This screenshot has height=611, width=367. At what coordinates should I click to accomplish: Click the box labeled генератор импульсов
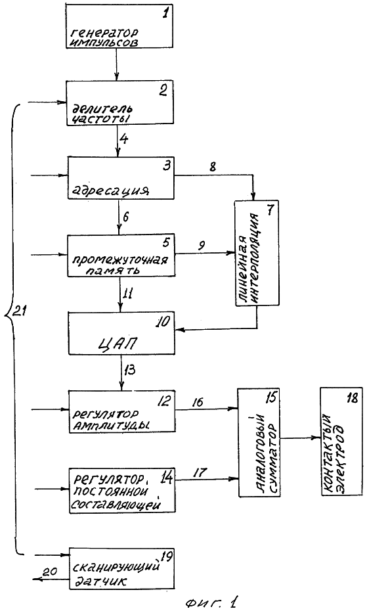[119, 26]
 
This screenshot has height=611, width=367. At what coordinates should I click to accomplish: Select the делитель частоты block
[120, 103]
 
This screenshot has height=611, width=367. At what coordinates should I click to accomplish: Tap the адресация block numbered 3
[121, 177]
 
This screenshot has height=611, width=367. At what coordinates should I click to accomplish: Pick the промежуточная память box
[120, 255]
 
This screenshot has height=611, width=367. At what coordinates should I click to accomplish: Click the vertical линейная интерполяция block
[257, 253]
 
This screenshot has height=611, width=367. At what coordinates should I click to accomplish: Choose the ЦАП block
[121, 333]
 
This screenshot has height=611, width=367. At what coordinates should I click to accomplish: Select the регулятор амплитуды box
[122, 411]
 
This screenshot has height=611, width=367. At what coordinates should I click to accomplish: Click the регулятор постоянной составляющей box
[122, 489]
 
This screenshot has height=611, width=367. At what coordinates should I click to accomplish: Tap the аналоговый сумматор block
[259, 442]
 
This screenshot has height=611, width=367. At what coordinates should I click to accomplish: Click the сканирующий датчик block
[121, 569]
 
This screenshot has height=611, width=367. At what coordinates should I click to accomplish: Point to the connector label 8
[213, 168]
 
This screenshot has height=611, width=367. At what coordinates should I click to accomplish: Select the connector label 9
[202, 245]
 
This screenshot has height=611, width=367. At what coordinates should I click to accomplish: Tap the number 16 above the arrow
[198, 401]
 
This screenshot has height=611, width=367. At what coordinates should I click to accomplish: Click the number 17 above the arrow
[200, 472]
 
